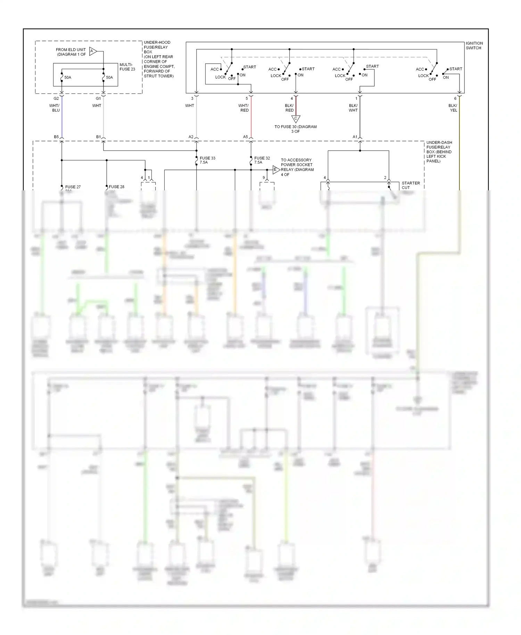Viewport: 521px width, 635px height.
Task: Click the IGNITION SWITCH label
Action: click(x=474, y=46)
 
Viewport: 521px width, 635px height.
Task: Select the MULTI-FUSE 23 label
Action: click(x=127, y=67)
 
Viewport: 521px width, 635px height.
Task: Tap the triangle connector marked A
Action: click(x=92, y=51)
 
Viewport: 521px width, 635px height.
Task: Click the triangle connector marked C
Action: click(x=296, y=119)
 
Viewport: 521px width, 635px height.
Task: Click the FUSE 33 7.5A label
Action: click(x=207, y=160)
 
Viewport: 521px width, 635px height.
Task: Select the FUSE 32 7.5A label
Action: click(x=262, y=160)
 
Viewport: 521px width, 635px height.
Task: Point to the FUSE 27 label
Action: click(x=73, y=187)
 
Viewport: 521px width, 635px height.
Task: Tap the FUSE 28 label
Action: click(x=116, y=187)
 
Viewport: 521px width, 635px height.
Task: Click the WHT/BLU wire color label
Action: click(x=55, y=108)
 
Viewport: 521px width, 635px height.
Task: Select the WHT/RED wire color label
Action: click(x=243, y=108)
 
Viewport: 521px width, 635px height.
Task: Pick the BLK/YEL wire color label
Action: click(x=453, y=108)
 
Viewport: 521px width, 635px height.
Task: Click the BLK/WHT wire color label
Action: click(x=353, y=108)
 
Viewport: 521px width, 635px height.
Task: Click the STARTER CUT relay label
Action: click(x=411, y=185)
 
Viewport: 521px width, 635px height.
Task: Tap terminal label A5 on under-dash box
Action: click(x=245, y=137)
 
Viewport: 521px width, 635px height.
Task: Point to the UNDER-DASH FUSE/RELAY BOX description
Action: click(x=439, y=152)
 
